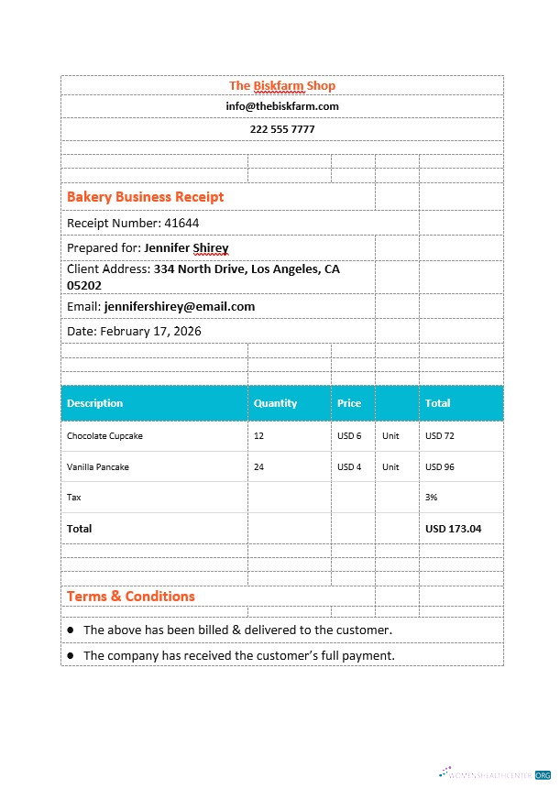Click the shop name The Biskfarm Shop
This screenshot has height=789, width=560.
coord(282,85)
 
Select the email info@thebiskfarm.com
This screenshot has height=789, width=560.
coord(282,106)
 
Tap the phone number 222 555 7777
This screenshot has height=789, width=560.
coord(282,129)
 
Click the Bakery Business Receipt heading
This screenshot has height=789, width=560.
coord(145,197)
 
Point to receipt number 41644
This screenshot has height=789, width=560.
coord(181,223)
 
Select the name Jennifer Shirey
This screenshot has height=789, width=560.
coord(186,247)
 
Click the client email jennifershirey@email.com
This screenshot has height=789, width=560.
coord(180,306)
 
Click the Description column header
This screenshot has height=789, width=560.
coord(94,403)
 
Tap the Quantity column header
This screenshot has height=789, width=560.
coord(275,403)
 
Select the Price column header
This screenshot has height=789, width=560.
coord(349,403)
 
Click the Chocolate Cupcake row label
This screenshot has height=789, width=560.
coord(104,436)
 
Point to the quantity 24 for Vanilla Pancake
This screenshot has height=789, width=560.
coord(259,467)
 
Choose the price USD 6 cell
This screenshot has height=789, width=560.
coord(349,436)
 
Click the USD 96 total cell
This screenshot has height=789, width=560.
coord(440,467)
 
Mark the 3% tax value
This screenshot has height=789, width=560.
coord(432,498)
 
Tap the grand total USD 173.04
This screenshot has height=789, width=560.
coord(453,529)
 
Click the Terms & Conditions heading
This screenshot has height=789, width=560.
coord(131,597)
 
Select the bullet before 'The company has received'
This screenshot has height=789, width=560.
coord(71,655)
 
